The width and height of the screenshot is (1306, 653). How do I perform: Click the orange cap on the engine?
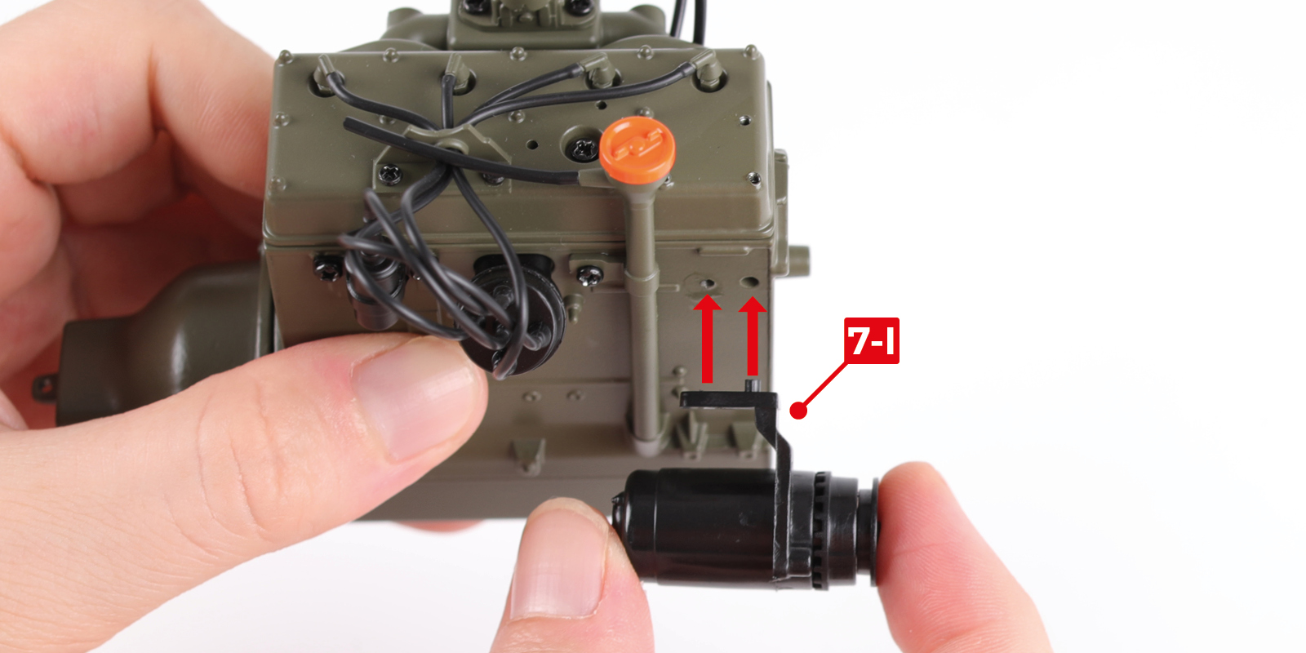(x=637, y=150)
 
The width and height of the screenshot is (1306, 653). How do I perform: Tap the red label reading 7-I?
(x=872, y=340)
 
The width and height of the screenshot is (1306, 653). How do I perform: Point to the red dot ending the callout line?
(x=798, y=411)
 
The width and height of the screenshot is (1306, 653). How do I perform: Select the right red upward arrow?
(x=752, y=336)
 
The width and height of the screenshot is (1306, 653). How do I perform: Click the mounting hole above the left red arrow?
(x=709, y=283)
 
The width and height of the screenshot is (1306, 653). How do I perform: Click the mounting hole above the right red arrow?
(x=749, y=282)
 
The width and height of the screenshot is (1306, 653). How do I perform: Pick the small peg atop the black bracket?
(x=752, y=386)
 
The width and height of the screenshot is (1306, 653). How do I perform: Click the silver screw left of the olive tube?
(x=589, y=274)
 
